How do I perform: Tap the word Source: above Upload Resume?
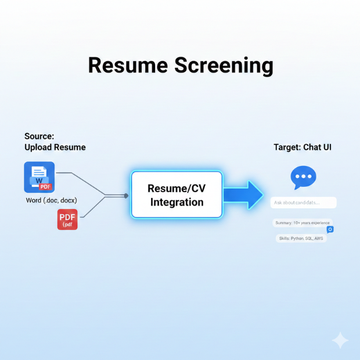click(39, 136)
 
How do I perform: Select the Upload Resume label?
click(55, 147)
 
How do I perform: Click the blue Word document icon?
click(39, 177)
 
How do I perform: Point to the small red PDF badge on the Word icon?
click(45, 186)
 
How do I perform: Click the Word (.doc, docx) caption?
click(52, 200)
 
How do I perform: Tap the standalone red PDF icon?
click(67, 219)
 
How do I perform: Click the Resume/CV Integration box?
click(177, 195)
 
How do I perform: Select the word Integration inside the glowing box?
click(177, 203)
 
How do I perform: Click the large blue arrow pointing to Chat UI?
click(243, 195)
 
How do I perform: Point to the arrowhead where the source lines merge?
click(126, 196)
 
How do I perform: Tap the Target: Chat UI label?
click(303, 147)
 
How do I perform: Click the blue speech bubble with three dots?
click(303, 177)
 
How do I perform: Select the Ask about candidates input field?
click(303, 203)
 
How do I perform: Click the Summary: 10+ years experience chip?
click(302, 223)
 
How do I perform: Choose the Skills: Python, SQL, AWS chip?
click(301, 238)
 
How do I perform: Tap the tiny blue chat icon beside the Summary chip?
click(330, 229)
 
